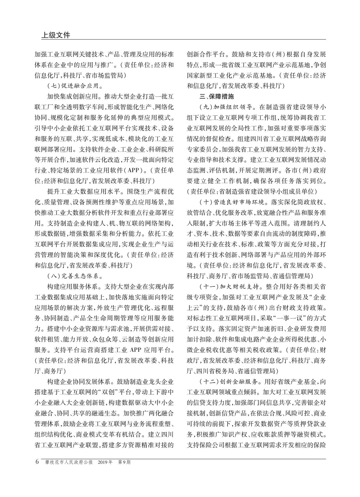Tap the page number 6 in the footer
pos(37,462)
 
